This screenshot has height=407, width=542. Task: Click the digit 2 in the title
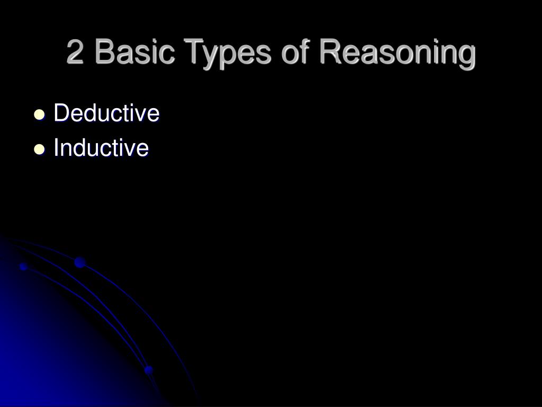tap(75, 51)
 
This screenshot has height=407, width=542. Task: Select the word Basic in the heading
tap(134, 51)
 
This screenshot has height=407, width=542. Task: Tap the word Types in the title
tap(227, 54)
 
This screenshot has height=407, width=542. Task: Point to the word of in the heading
tap(294, 51)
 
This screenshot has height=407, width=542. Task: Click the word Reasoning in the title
tap(397, 54)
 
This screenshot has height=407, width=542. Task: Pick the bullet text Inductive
tap(101, 147)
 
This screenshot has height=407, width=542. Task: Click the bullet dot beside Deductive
tap(39, 114)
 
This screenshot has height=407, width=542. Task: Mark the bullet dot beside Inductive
tap(39, 149)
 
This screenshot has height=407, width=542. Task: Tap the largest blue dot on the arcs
tap(80, 262)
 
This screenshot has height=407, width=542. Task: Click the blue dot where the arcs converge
tap(149, 370)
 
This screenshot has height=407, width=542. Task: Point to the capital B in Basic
tap(105, 51)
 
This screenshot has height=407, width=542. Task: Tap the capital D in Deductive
tap(62, 113)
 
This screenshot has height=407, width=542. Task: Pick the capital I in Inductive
tap(56, 147)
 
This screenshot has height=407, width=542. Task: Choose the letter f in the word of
tap(303, 51)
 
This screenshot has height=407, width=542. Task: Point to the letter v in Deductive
tap(141, 116)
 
